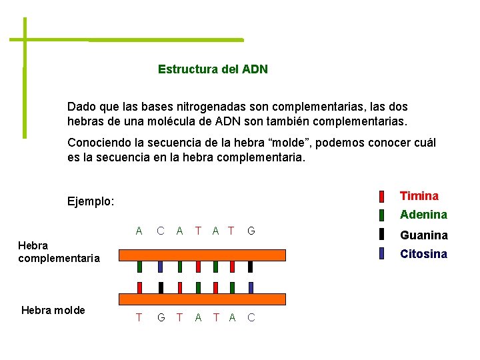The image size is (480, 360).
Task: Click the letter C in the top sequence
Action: pos(161,231)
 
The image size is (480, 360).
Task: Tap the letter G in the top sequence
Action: pos(251,231)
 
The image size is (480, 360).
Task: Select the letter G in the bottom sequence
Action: pos(161,317)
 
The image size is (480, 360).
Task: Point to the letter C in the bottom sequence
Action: pos(251,317)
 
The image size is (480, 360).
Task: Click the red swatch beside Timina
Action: pos(381,197)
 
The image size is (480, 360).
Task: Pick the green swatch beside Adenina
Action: pos(381,215)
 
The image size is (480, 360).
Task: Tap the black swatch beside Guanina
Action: pos(381,234)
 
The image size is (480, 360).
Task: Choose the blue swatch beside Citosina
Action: pos(381,253)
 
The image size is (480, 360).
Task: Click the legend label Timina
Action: pos(419,196)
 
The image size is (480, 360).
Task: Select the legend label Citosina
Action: pos(423,254)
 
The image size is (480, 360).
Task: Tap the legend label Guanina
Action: pos(423,235)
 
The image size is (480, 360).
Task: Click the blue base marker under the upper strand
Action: pos(161,267)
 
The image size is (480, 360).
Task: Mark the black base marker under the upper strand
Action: pos(250,267)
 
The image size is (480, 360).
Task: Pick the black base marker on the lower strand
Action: pos(161,287)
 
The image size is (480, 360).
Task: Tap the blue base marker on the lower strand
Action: pos(250,287)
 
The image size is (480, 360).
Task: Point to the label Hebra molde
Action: pos(53,310)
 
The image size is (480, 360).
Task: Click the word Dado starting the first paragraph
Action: pos(81,107)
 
